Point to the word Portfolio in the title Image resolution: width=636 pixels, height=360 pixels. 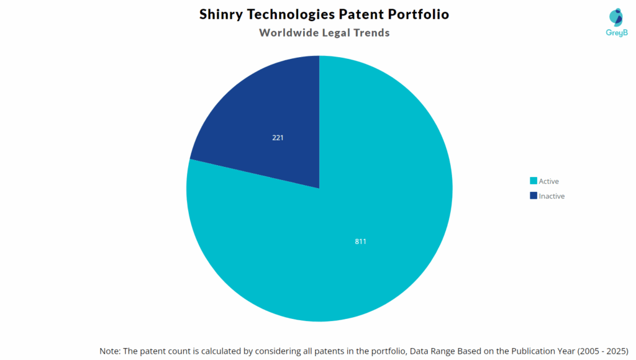pos(417,14)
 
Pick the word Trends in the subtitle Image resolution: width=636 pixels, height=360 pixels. pos(371,33)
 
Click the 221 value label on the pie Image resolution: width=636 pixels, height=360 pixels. pos(278,138)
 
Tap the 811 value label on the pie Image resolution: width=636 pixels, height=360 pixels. pos(360,241)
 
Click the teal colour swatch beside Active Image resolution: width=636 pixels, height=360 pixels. pos(533,181)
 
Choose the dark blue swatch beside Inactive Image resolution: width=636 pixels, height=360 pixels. pos(533,196)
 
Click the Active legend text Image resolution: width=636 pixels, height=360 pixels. pos(549,181)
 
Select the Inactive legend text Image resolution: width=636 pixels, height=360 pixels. pos(552,196)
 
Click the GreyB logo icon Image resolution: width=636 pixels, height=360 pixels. pos(616,17)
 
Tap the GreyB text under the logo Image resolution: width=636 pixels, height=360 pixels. pos(616,33)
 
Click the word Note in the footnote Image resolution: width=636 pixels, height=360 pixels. pos(110,351)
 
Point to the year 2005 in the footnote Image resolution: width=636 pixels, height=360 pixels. pos(588,351)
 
